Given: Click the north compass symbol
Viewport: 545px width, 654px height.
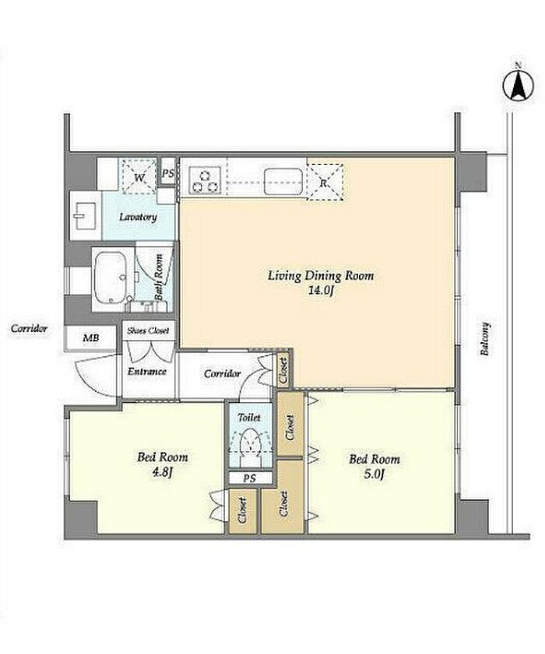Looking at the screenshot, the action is pos(519,86).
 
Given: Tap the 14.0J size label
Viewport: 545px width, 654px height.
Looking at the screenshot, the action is pos(320,290).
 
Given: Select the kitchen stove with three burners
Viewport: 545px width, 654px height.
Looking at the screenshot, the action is pos(205,180).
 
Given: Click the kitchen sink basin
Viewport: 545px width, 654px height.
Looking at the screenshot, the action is pos(283,181).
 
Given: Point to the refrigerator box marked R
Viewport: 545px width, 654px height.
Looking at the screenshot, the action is pos(325,182).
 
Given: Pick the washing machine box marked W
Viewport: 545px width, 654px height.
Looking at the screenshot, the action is pos(139,177).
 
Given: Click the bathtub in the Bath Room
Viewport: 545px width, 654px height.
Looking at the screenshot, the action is pos(111,277).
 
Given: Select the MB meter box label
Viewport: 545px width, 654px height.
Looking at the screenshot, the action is pos(90,337).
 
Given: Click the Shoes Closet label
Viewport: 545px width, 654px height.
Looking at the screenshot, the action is pos(148,330).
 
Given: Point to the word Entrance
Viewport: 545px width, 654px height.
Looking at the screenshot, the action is pos(147,371).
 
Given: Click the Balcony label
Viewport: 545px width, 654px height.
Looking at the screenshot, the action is pos(484,338).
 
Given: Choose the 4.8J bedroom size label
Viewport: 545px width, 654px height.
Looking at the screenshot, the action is pos(163,472).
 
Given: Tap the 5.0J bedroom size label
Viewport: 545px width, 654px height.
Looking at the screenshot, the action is pos(374,474).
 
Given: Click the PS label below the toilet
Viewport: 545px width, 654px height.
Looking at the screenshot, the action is pos(249,478).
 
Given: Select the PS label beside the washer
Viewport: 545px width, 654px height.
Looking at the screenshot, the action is pos(168,173).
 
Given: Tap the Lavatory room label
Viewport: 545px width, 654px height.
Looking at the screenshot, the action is pos(138,217).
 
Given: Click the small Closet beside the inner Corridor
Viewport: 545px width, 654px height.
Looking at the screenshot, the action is pos(283,370).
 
